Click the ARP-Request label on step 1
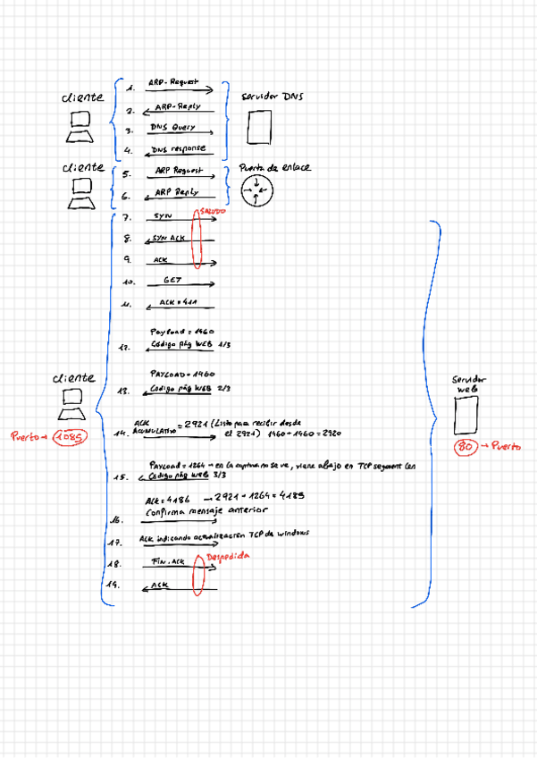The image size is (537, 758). pyautogui.click(x=177, y=82)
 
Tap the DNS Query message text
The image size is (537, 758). pyautogui.click(x=173, y=127)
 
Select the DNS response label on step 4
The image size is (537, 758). pyautogui.click(x=178, y=148)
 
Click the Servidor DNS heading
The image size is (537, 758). pyautogui.click(x=272, y=95)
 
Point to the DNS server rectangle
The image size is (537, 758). pyautogui.click(x=259, y=128)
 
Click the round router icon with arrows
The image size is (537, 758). pyautogui.click(x=257, y=189)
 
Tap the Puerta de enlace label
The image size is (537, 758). pyautogui.click(x=274, y=167)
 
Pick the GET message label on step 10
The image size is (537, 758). pyautogui.click(x=172, y=281)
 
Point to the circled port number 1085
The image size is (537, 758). pyautogui.click(x=69, y=436)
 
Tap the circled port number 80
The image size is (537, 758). pyautogui.click(x=465, y=445)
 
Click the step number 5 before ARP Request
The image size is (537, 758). pyautogui.click(x=126, y=174)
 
